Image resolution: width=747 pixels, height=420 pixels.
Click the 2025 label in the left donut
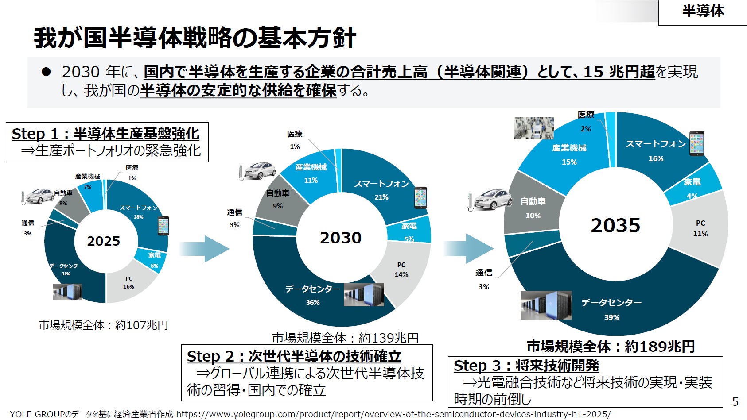pyautogui.click(x=103, y=241)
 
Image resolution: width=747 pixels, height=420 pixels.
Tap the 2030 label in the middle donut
pyautogui.click(x=341, y=238)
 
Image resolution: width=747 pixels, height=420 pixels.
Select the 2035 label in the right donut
pyautogui.click(x=615, y=226)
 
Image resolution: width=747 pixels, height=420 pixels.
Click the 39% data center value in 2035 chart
pyautogui.click(x=611, y=317)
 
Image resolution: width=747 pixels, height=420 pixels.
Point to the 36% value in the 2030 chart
pyautogui.click(x=312, y=303)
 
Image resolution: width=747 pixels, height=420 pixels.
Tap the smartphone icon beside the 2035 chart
pyautogui.click(x=696, y=143)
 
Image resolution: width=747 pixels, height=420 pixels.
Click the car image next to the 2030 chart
pyautogui.click(x=258, y=171)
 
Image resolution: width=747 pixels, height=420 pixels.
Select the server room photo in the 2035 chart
pyautogui.click(x=546, y=305)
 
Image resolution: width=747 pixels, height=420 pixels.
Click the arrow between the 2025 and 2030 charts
pyautogui.click(x=205, y=249)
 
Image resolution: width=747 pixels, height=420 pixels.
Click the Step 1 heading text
pyautogui.click(x=105, y=134)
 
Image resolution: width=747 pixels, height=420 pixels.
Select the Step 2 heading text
pyautogui.click(x=294, y=356)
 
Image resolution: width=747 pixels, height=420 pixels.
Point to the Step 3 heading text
pyautogui.click(x=526, y=366)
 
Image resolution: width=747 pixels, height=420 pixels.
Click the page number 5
pyautogui.click(x=735, y=401)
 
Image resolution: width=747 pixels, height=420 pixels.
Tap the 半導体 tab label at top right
pyautogui.click(x=703, y=11)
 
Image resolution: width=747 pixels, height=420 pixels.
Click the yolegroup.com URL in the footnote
pyautogui.click(x=393, y=414)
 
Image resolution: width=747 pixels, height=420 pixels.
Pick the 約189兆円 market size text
pyautogui.click(x=659, y=347)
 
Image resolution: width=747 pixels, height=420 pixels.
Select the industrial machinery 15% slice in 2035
pyautogui.click(x=569, y=154)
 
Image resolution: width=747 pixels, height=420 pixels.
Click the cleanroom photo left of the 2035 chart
pyautogui.click(x=533, y=128)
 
